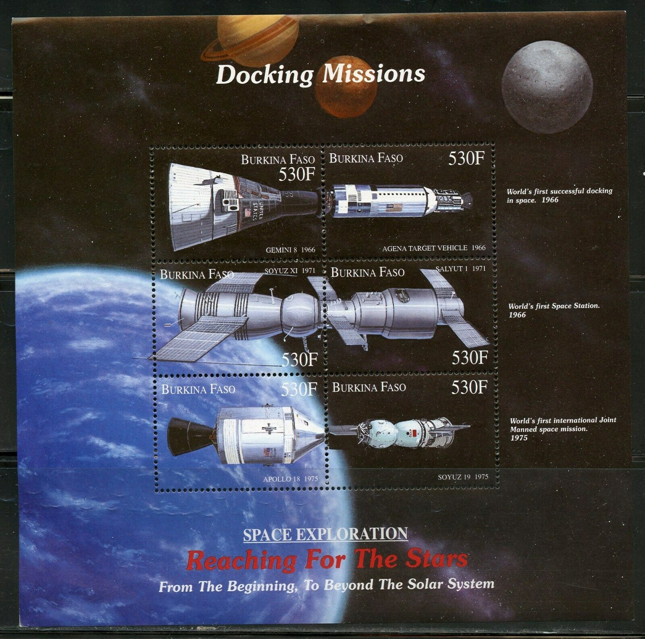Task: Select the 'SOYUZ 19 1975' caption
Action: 462,477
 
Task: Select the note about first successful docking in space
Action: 559,195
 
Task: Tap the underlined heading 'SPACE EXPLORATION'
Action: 326,533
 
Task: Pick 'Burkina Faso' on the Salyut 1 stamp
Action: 367,273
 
